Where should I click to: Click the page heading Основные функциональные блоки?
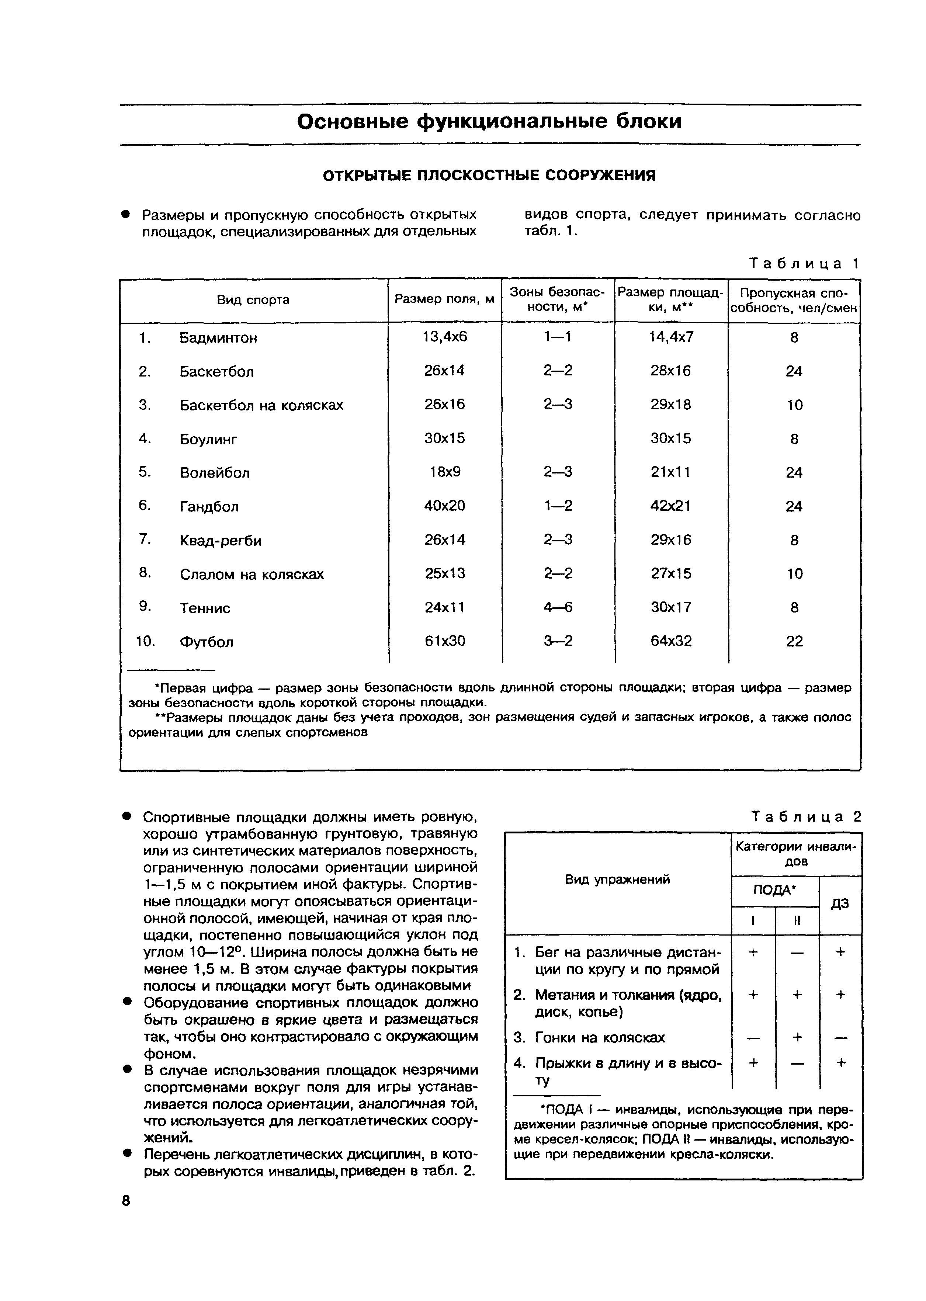[x=489, y=121]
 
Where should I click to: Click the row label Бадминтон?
[x=218, y=338]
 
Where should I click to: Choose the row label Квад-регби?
[x=221, y=541]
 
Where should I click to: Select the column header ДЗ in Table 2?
[x=840, y=903]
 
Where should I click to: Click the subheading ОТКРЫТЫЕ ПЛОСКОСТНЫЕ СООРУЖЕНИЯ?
[x=489, y=175]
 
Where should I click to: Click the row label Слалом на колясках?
[x=252, y=574]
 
